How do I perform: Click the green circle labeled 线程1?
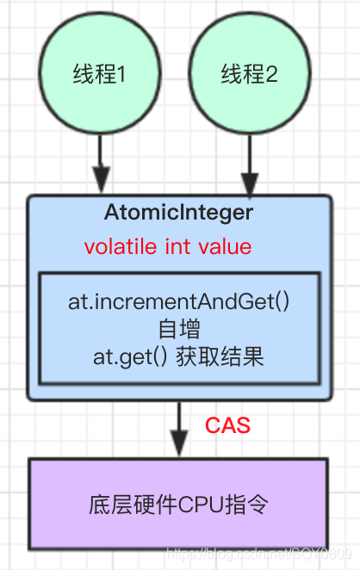tap(101, 73)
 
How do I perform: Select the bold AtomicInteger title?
tap(179, 212)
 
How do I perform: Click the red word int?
tap(177, 247)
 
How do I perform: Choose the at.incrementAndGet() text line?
tap(179, 304)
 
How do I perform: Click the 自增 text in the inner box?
tap(179, 328)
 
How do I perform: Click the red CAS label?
tap(227, 425)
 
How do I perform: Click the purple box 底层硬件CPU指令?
tap(179, 505)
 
